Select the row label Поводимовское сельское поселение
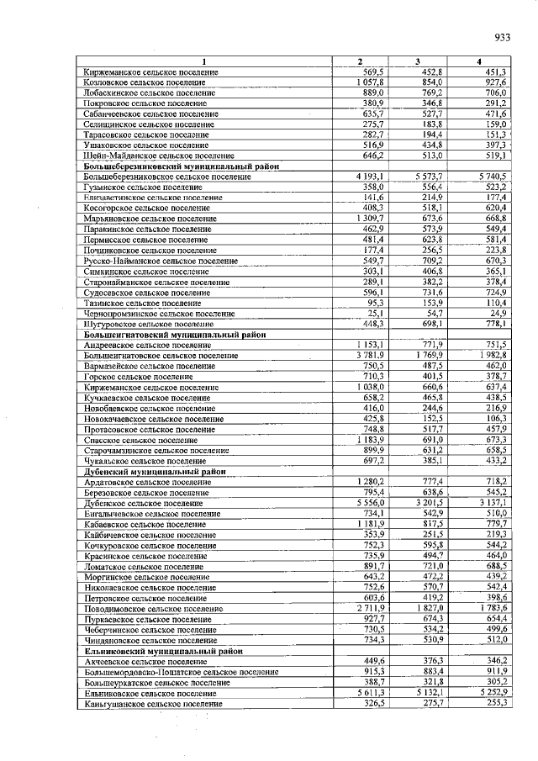click(154, 608)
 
